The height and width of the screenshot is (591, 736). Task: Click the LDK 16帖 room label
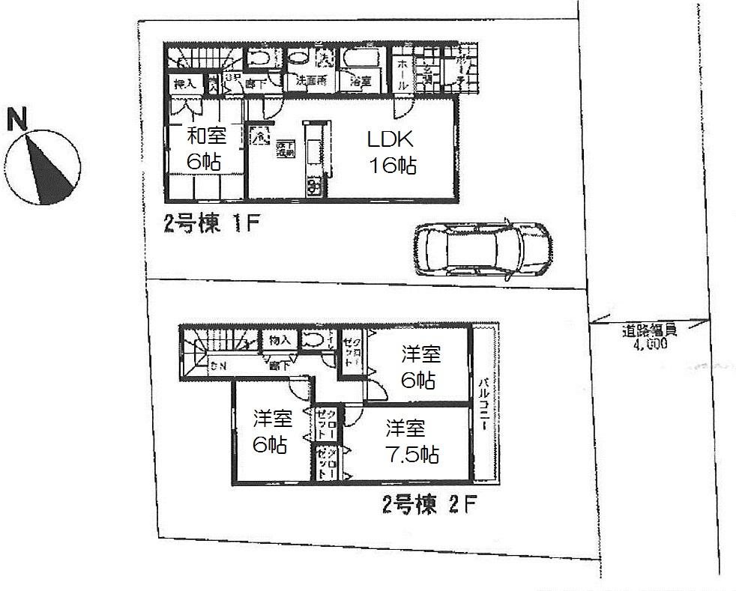(x=390, y=152)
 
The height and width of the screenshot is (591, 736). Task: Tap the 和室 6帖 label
(x=202, y=148)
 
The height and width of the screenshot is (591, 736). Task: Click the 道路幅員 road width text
(x=649, y=334)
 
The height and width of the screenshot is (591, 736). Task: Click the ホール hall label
(x=401, y=75)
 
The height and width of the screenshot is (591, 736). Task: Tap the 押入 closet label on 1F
(x=184, y=85)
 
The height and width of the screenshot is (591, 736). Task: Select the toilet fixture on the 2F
(x=316, y=340)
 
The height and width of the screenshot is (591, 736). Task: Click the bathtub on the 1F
(x=362, y=58)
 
